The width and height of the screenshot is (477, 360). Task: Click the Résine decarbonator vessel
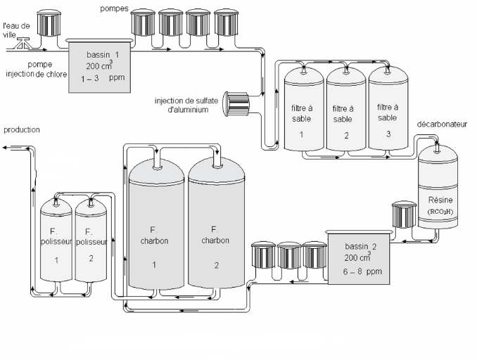439,190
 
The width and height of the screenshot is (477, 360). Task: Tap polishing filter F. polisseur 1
55,243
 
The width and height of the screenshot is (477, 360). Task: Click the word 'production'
22,130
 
